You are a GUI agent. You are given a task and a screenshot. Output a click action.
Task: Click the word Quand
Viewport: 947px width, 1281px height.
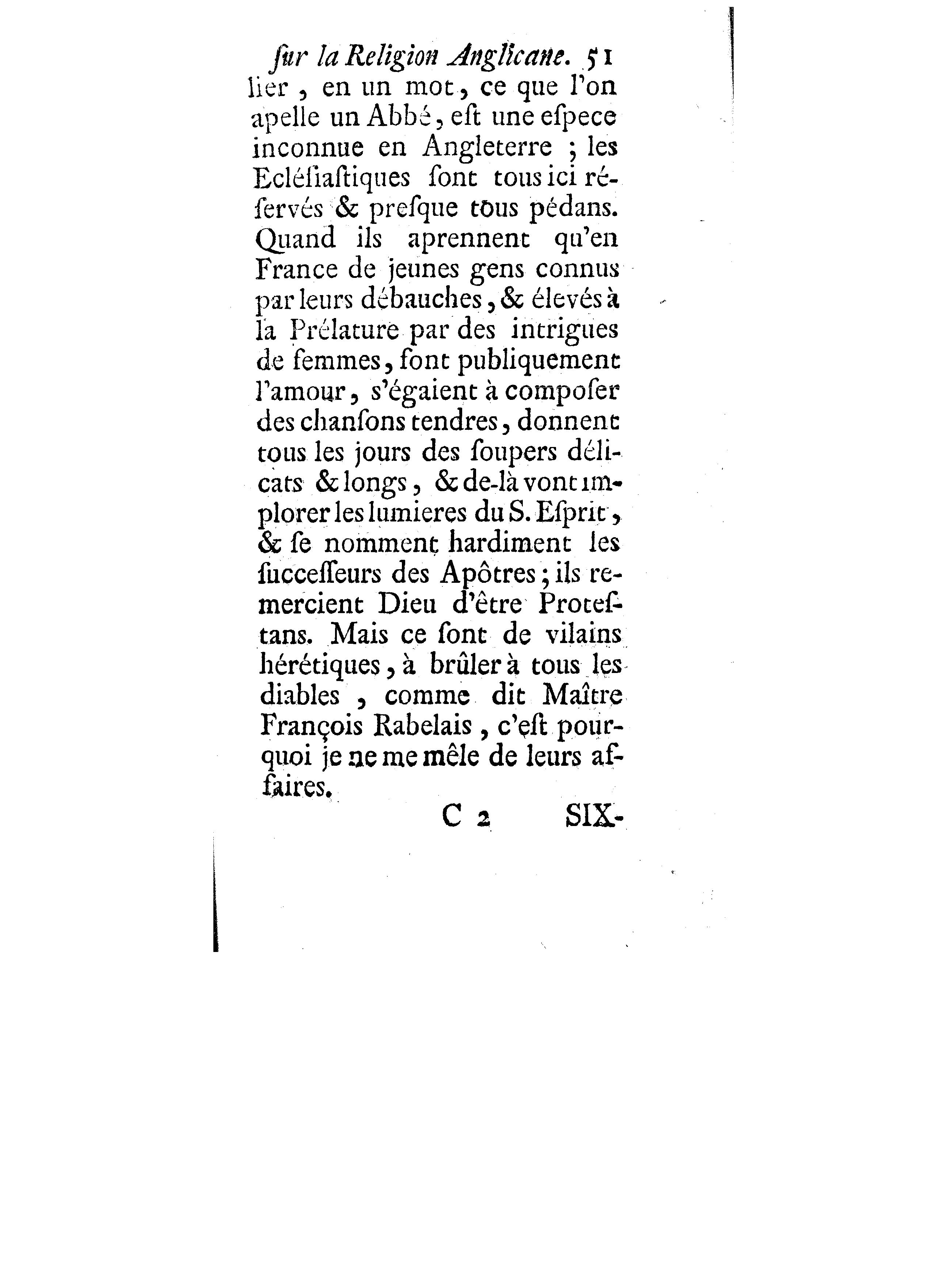tap(295, 239)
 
